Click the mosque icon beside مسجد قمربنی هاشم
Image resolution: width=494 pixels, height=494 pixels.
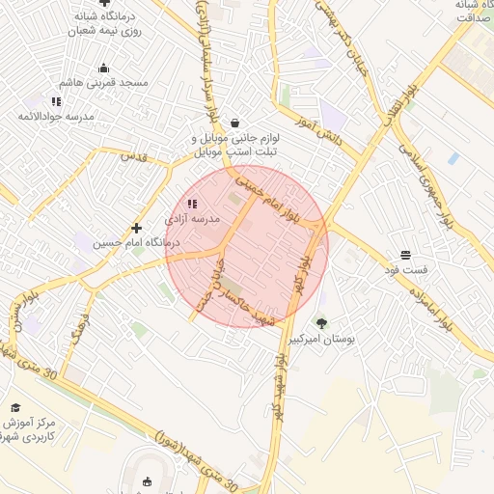click(x=104, y=68)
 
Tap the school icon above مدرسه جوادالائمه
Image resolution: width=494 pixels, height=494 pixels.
click(x=56, y=100)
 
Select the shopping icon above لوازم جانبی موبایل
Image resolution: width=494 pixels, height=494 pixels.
click(x=236, y=123)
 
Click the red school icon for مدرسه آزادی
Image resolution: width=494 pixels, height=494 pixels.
click(x=191, y=204)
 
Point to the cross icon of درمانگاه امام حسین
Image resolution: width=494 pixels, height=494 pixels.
click(x=137, y=229)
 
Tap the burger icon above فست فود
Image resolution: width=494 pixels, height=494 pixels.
click(x=406, y=254)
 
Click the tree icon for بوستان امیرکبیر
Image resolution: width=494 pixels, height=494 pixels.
click(x=321, y=322)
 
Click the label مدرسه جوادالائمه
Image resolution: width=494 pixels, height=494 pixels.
click(x=55, y=116)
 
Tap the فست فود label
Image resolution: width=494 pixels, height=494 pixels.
click(x=405, y=268)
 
